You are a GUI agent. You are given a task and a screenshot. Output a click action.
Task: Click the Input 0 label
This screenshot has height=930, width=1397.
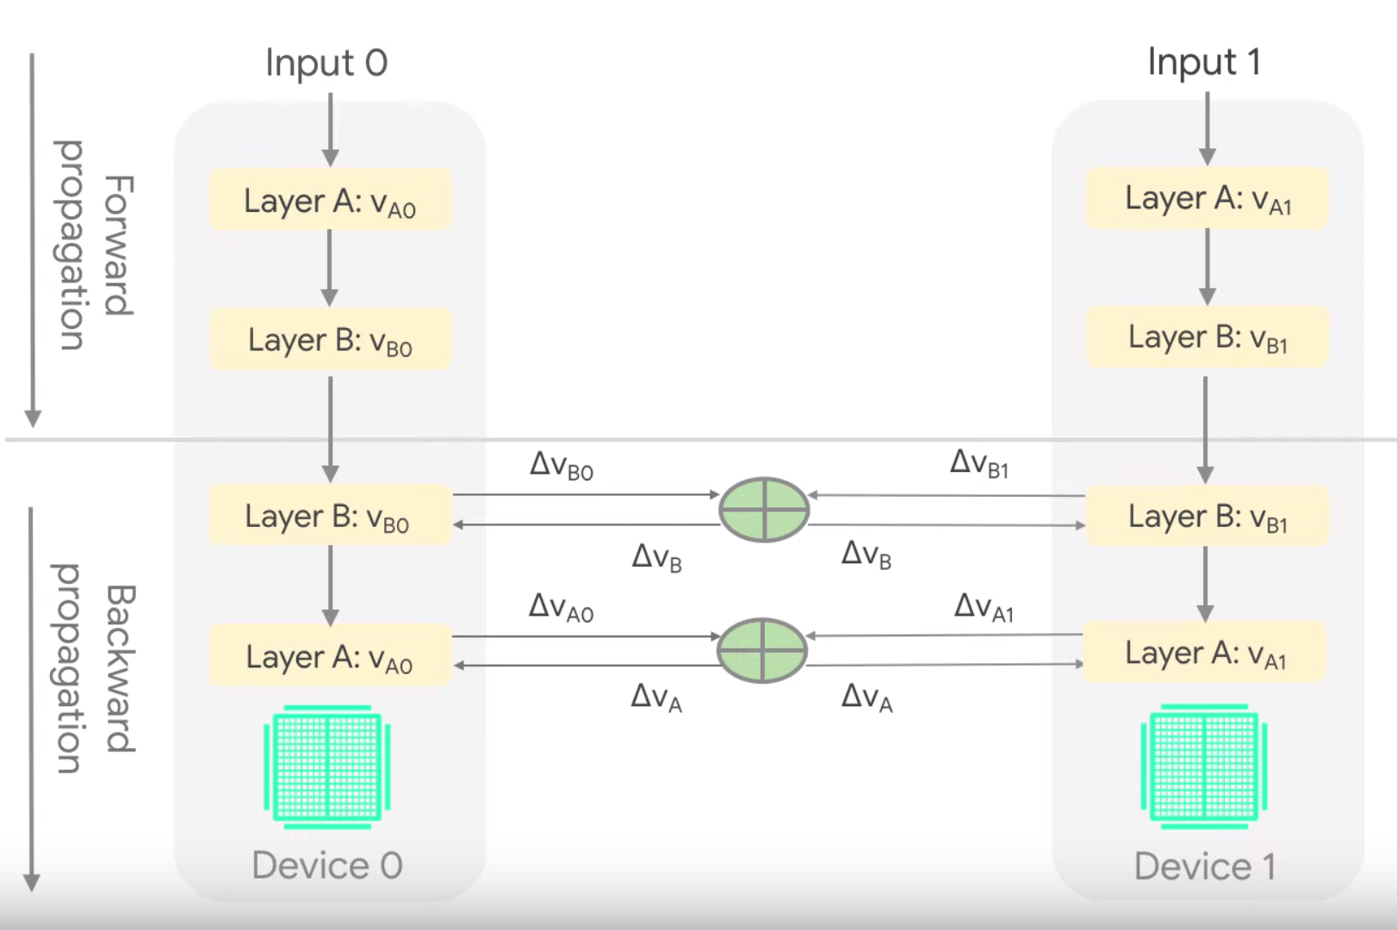point(326,63)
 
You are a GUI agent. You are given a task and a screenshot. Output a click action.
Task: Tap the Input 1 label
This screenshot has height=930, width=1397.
point(1204,62)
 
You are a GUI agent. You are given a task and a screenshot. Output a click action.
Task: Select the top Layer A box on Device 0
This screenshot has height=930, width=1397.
point(330,201)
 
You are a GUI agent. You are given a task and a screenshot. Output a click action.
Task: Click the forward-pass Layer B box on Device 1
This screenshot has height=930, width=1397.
point(1207,338)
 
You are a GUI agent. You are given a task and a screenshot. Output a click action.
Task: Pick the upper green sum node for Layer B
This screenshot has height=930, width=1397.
point(763,509)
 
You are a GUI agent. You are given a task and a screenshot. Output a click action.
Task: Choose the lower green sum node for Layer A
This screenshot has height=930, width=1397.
point(761,650)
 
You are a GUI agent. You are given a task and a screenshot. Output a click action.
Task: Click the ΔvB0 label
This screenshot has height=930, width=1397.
point(561,466)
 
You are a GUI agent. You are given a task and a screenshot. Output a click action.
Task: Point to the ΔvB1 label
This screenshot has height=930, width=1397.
point(979,463)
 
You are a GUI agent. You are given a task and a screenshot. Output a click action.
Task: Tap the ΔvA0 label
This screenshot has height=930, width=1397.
point(561,607)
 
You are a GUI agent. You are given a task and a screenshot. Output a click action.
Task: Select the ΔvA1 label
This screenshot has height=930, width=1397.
point(984,607)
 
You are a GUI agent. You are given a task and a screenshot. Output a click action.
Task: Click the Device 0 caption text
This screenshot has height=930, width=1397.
point(327,865)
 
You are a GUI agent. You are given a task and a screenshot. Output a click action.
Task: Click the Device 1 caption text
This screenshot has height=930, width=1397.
point(1204,866)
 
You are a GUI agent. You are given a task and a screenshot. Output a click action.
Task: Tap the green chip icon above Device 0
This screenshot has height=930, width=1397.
point(327,766)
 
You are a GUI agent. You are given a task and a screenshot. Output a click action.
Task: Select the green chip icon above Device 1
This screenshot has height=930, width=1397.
point(1204,766)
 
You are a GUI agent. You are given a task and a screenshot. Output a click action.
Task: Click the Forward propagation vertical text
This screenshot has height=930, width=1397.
point(95,245)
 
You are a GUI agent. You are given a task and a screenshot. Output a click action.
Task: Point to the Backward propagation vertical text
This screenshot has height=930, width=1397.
point(95,668)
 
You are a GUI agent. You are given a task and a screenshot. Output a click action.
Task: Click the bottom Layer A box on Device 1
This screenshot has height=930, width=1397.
point(1204,654)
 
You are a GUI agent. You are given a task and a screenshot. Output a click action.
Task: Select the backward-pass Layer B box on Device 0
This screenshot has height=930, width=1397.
point(330,516)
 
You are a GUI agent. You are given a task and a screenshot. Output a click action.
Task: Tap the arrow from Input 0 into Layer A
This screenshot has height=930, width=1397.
point(331,129)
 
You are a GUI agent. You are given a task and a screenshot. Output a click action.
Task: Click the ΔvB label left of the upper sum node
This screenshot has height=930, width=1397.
point(656,557)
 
